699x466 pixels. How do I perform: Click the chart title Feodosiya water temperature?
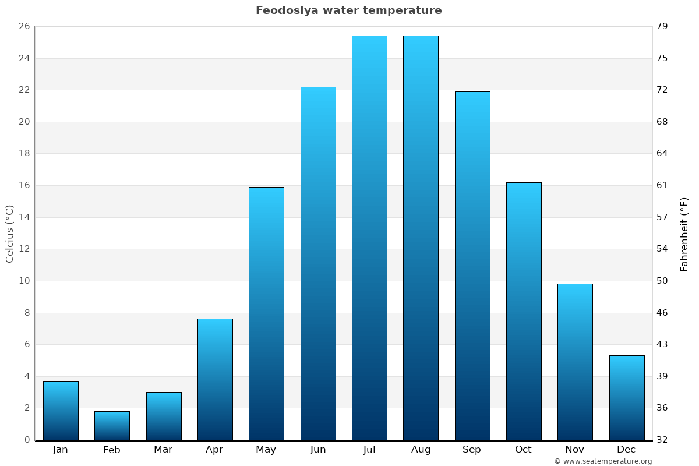(x=348, y=10)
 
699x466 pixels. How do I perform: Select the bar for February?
(x=112, y=426)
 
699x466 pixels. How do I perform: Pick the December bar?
(x=627, y=398)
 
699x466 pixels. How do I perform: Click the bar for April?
(x=215, y=379)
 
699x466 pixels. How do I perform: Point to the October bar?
(x=524, y=311)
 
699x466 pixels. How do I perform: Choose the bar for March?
(x=164, y=416)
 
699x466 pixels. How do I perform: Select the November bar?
(x=575, y=362)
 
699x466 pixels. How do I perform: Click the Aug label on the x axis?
(x=421, y=450)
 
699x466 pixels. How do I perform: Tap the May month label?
(x=266, y=450)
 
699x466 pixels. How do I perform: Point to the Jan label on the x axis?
(x=61, y=450)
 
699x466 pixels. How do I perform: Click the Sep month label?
(x=472, y=450)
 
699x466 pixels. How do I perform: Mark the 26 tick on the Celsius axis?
(x=24, y=26)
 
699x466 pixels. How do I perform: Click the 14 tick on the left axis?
(x=24, y=217)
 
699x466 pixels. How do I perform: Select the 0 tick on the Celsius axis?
(x=27, y=440)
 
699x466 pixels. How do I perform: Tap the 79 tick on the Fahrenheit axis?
(x=662, y=26)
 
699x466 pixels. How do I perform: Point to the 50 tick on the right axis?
(x=662, y=281)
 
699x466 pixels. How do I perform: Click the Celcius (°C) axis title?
(x=9, y=234)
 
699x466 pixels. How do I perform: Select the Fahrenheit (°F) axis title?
(x=684, y=234)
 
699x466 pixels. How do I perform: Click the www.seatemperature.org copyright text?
(x=603, y=461)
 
